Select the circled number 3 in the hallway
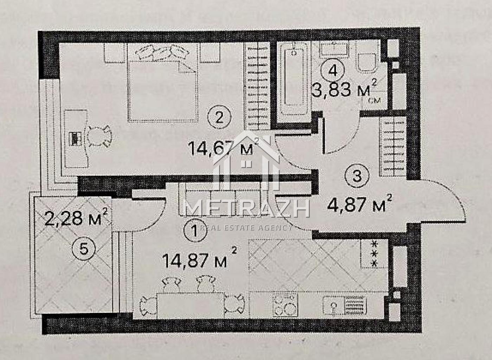tap(357, 176)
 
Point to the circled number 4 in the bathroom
tap(332, 71)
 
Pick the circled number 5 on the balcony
tap(84, 249)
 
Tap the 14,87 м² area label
tap(200, 258)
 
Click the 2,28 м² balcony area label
tap(76, 218)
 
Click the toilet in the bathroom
tap(367, 63)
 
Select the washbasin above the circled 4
tap(334, 50)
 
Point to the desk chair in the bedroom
tap(100, 136)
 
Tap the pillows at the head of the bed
tap(162, 52)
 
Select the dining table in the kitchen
tap(190, 305)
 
